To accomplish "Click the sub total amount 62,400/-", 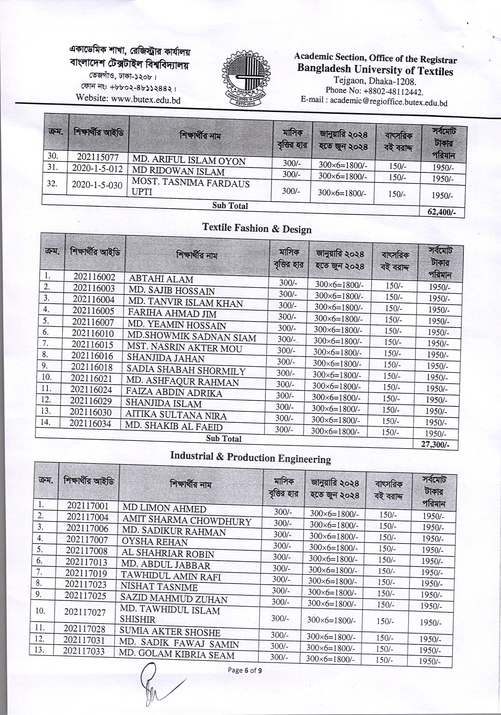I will pyautogui.click(x=442, y=212).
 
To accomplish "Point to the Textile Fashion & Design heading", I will pyautogui.click(x=257, y=228).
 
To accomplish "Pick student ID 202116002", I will pyautogui.click(x=94, y=277).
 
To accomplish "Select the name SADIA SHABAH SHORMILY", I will pyautogui.click(x=186, y=371).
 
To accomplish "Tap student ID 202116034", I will pyautogui.click(x=90, y=423).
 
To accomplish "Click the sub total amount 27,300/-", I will pyautogui.click(x=435, y=444).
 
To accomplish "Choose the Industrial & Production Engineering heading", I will pyautogui.click(x=250, y=458).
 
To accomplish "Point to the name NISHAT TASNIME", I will pyautogui.click(x=159, y=587).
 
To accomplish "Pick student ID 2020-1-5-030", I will pyautogui.click(x=97, y=185).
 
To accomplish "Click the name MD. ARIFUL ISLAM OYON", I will pyautogui.click(x=189, y=161).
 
